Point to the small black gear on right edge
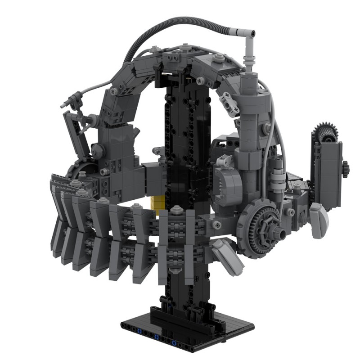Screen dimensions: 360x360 [345, 169]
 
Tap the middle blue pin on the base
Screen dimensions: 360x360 [156, 337]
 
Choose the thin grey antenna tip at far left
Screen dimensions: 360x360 [63, 105]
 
